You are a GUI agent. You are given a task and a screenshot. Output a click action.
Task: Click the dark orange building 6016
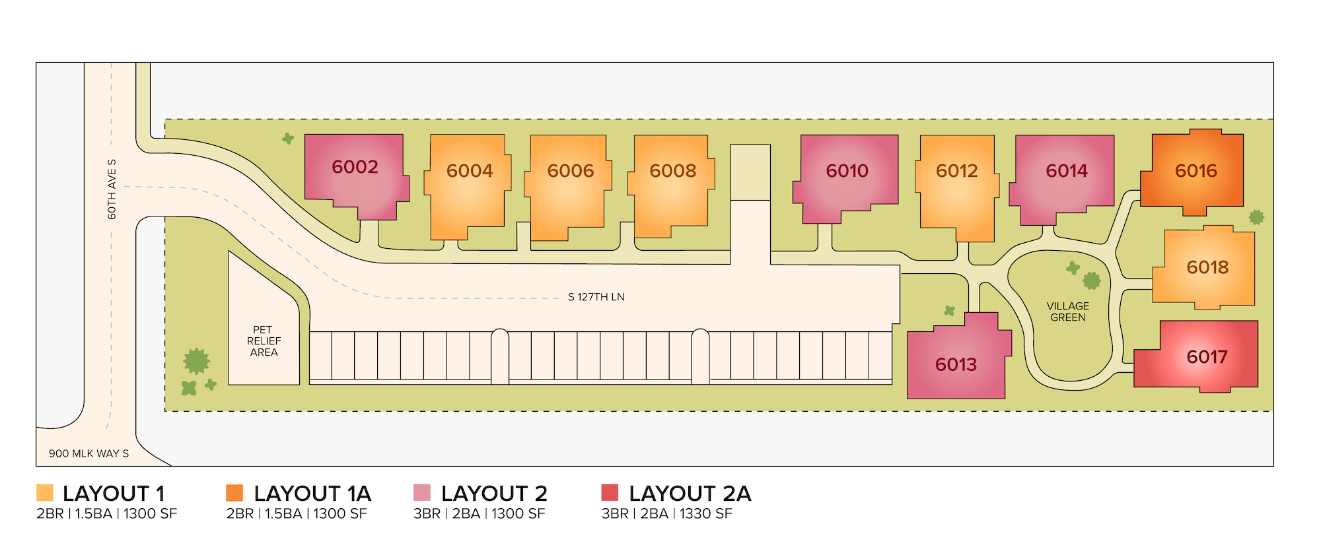click(x=1196, y=172)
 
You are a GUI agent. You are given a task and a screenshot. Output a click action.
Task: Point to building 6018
click(x=1207, y=267)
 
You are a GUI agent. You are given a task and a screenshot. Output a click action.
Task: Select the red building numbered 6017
click(x=1206, y=357)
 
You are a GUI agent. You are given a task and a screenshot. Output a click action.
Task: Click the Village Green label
click(x=1067, y=311)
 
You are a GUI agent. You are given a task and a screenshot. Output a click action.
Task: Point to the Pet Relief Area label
click(x=264, y=341)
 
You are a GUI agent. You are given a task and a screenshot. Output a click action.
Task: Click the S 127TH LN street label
click(x=596, y=297)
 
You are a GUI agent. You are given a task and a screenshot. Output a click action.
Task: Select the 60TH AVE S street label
click(x=112, y=189)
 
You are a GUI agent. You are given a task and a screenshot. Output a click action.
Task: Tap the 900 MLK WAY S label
click(x=89, y=453)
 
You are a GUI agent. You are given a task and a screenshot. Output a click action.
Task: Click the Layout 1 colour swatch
click(x=45, y=493)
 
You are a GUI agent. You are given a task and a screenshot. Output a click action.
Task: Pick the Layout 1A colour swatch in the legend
click(x=234, y=493)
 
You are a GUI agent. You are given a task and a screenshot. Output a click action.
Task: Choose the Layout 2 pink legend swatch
click(x=422, y=493)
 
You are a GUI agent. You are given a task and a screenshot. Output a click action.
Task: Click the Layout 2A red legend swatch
click(x=610, y=493)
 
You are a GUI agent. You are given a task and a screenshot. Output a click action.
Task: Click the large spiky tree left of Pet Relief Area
click(x=196, y=361)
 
